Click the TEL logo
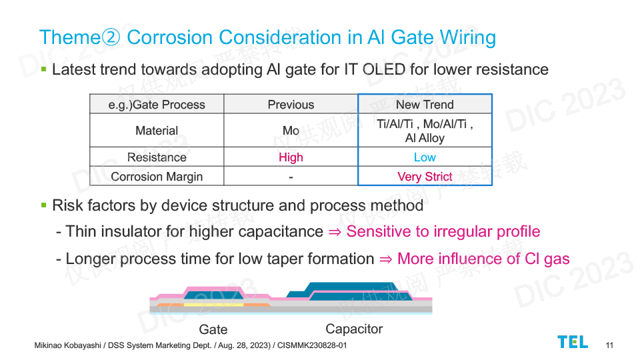click(573, 342)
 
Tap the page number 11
click(609, 345)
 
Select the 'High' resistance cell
click(291, 157)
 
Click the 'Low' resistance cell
click(425, 157)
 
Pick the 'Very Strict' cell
click(425, 176)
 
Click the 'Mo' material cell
click(291, 131)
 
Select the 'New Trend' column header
click(425, 105)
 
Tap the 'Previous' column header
click(291, 105)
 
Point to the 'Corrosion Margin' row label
click(157, 176)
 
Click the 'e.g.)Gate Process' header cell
click(157, 105)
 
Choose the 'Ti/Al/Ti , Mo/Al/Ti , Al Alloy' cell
click(425, 131)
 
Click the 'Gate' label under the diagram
click(213, 329)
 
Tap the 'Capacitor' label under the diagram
click(354, 329)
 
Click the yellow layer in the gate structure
click(213, 305)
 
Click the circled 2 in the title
click(111, 37)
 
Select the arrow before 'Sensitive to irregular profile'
click(335, 232)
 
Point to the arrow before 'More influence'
click(386, 259)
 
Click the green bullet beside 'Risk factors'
click(44, 205)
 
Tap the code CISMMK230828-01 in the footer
click(312, 345)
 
